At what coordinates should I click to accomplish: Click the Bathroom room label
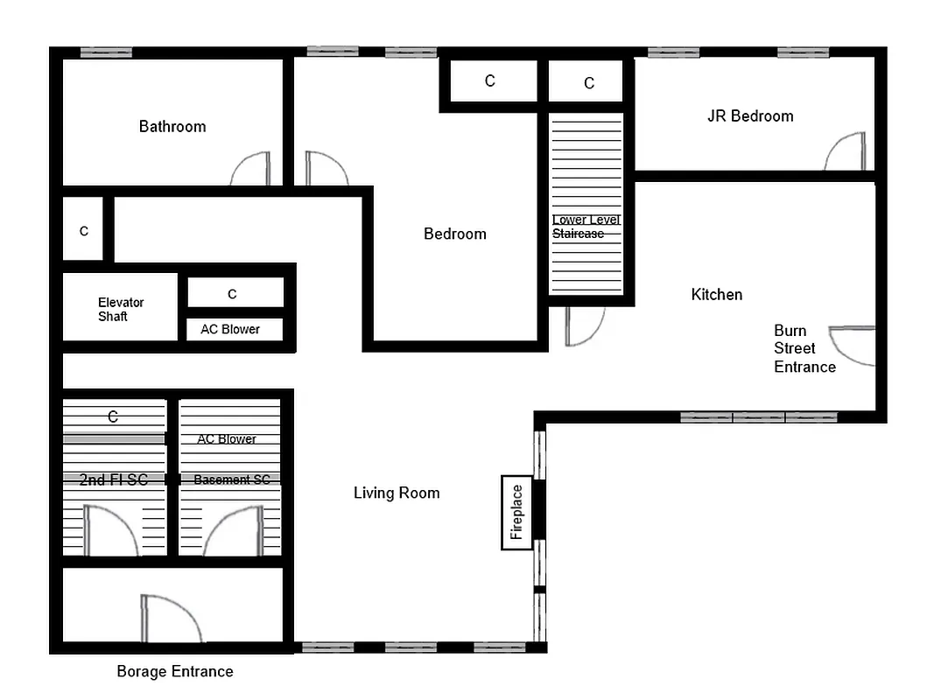[172, 127]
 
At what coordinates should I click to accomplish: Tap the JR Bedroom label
[750, 116]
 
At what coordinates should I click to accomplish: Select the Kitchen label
[716, 295]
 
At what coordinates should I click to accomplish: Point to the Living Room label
[396, 493]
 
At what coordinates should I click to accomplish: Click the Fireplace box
[516, 512]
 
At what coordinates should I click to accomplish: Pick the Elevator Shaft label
[120, 310]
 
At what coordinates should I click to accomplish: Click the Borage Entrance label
[175, 672]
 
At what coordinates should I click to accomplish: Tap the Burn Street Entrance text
[804, 349]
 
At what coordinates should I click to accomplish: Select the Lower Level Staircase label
[586, 227]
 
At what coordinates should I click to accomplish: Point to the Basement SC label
[231, 479]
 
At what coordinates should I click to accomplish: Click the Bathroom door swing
[252, 170]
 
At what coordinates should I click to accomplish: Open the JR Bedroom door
[846, 152]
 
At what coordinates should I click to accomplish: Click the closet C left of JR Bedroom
[588, 83]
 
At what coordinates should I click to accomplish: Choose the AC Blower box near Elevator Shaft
[230, 330]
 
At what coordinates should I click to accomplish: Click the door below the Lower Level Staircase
[584, 325]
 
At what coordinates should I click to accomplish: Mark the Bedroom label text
[454, 234]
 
